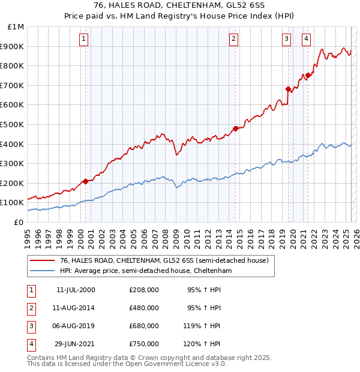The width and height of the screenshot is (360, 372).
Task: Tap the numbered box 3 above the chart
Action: tap(287, 39)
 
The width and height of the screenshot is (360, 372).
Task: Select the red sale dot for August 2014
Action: tap(236, 128)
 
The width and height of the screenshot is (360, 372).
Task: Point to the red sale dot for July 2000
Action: tap(85, 181)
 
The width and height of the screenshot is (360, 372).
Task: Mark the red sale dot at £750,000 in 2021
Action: tap(308, 75)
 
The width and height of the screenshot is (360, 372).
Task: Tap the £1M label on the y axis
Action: tap(16, 27)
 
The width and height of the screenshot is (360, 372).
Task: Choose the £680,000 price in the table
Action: tap(144, 326)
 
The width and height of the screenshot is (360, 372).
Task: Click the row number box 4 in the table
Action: tap(30, 344)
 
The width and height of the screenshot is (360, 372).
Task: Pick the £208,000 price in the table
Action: tap(144, 290)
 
